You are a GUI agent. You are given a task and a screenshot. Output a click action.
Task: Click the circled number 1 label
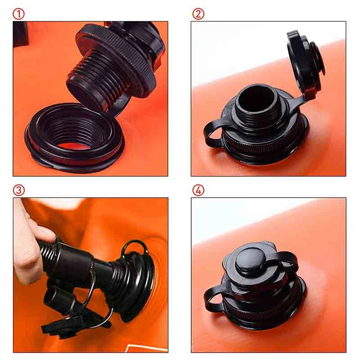point(18,14)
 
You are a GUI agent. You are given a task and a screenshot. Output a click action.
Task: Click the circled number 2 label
point(198,14)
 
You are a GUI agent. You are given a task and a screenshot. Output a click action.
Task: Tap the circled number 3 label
point(18,190)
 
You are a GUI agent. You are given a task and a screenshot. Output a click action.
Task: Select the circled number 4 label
point(198,190)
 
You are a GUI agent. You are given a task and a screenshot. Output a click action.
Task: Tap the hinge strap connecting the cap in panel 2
point(296,101)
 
